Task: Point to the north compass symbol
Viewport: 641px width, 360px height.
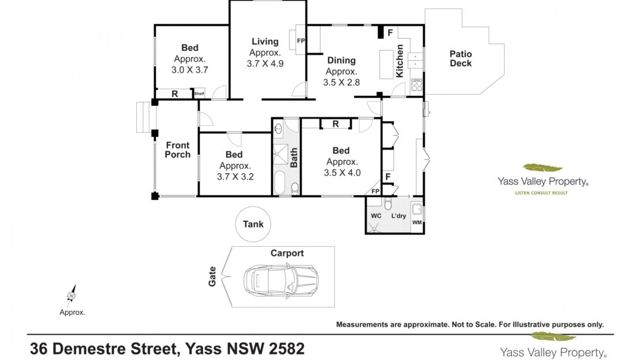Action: coord(72,295)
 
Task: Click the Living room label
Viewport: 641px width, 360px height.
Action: coord(265,42)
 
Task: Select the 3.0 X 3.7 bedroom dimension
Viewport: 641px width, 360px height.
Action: coord(189,70)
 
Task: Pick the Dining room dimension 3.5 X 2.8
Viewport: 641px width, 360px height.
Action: coord(341,82)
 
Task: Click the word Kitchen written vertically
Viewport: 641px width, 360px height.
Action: coord(400,61)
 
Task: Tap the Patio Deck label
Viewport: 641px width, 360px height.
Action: coord(461,58)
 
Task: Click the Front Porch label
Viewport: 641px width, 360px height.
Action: coord(177,150)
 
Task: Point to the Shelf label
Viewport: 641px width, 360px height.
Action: coord(199,94)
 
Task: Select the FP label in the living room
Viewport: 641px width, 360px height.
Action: coord(301,40)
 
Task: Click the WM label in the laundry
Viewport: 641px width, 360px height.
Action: coord(417,222)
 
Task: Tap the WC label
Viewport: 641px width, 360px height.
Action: coord(376,216)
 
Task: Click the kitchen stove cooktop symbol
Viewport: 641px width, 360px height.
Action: coord(416,85)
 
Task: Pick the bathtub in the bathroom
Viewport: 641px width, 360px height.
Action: coord(279,183)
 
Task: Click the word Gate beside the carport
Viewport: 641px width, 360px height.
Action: coord(212,277)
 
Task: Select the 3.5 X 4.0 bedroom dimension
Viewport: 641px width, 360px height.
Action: coord(342,173)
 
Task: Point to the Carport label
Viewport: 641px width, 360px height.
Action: coord(287,253)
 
